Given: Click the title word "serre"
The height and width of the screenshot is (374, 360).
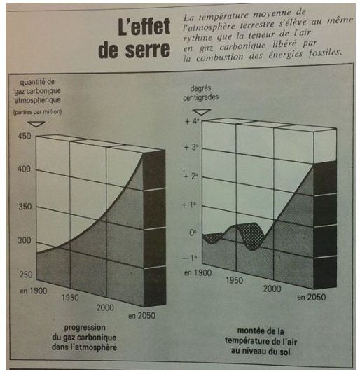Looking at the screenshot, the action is click(148, 50).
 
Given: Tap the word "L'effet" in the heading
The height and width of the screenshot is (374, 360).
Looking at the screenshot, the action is click(144, 27).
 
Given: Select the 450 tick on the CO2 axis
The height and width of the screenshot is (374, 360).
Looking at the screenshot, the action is click(25, 136).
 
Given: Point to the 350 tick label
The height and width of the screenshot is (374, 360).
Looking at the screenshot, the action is click(25, 207).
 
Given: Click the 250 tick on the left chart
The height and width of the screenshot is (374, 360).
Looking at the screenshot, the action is click(26, 275).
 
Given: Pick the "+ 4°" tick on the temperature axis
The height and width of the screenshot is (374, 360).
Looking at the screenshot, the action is click(192, 121).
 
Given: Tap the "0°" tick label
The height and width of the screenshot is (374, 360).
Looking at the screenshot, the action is click(193, 233).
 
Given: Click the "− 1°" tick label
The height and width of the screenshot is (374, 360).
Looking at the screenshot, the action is click(190, 258).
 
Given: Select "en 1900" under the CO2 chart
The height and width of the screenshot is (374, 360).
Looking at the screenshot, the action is click(34, 291).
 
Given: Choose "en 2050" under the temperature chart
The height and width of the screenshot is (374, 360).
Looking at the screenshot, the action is click(312, 297).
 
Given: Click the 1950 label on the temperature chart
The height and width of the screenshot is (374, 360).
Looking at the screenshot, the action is click(234, 280).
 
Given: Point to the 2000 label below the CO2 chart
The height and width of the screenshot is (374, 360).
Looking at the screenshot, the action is click(105, 307).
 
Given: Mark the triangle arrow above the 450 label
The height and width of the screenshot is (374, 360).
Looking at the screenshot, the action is click(36, 124).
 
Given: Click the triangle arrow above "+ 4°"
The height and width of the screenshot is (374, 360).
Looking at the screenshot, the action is click(202, 112).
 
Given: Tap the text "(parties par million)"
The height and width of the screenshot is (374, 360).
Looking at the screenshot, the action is click(37, 111).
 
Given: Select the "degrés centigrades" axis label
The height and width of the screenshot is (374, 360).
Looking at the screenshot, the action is click(200, 92).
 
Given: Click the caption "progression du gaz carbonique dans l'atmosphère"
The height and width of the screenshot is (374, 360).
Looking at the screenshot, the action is click(84, 338).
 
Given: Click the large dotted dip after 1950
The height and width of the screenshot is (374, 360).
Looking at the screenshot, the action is click(251, 236).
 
